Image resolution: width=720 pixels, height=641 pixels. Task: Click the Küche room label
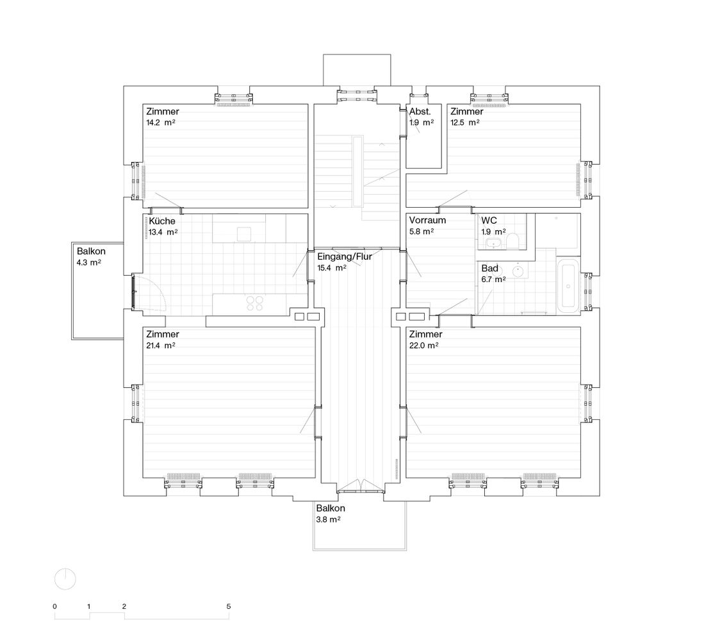[x=161, y=221]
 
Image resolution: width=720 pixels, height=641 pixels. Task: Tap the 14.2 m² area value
[x=161, y=122]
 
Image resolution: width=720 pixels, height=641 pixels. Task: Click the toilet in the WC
[x=512, y=241]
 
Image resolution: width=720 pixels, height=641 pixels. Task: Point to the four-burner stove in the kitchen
[x=255, y=303]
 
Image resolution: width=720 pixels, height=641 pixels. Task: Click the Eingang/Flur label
[x=345, y=256]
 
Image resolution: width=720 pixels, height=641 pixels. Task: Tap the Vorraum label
[x=427, y=220]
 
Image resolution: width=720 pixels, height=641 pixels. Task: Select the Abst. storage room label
[x=420, y=112]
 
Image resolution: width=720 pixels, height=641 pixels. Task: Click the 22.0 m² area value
[x=423, y=345]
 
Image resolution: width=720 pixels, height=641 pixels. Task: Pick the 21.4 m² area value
[x=161, y=345]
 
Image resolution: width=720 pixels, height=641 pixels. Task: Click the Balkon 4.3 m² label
[x=91, y=257]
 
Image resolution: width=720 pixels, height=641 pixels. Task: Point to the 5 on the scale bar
[x=229, y=606]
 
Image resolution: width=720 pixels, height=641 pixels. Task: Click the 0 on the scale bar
[x=54, y=606]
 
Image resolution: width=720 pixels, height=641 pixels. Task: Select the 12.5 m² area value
[x=464, y=122]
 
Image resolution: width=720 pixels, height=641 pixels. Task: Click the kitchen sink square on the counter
[x=244, y=234]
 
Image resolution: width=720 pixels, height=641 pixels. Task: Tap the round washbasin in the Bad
[x=518, y=271]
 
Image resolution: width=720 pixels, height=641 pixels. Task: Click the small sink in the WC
[x=494, y=244]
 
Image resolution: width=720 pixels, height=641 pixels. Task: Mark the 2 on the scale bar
[x=124, y=606]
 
